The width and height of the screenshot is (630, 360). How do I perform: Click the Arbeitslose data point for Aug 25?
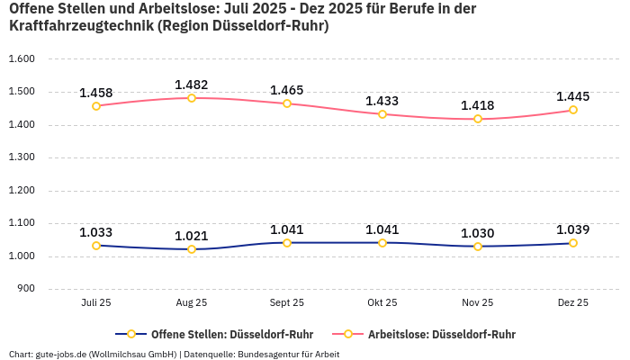192,98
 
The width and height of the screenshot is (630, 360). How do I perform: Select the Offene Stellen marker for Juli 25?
96,246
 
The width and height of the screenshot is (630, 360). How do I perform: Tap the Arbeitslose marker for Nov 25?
478,119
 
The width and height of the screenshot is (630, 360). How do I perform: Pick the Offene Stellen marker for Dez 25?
573,243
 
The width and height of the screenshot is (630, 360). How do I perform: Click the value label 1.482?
192,85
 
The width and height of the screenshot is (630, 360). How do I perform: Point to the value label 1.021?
192,236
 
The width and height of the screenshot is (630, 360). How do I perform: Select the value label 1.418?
478,105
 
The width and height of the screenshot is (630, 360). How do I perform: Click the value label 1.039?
573,229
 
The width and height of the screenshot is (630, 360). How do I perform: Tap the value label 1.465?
287,90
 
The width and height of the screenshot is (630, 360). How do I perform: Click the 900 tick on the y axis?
25,289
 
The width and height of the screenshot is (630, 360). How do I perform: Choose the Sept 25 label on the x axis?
287,303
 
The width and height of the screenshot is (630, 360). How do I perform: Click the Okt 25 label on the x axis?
382,303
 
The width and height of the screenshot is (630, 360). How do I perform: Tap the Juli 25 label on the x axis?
96,303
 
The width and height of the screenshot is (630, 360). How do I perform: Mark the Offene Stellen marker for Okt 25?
382,243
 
